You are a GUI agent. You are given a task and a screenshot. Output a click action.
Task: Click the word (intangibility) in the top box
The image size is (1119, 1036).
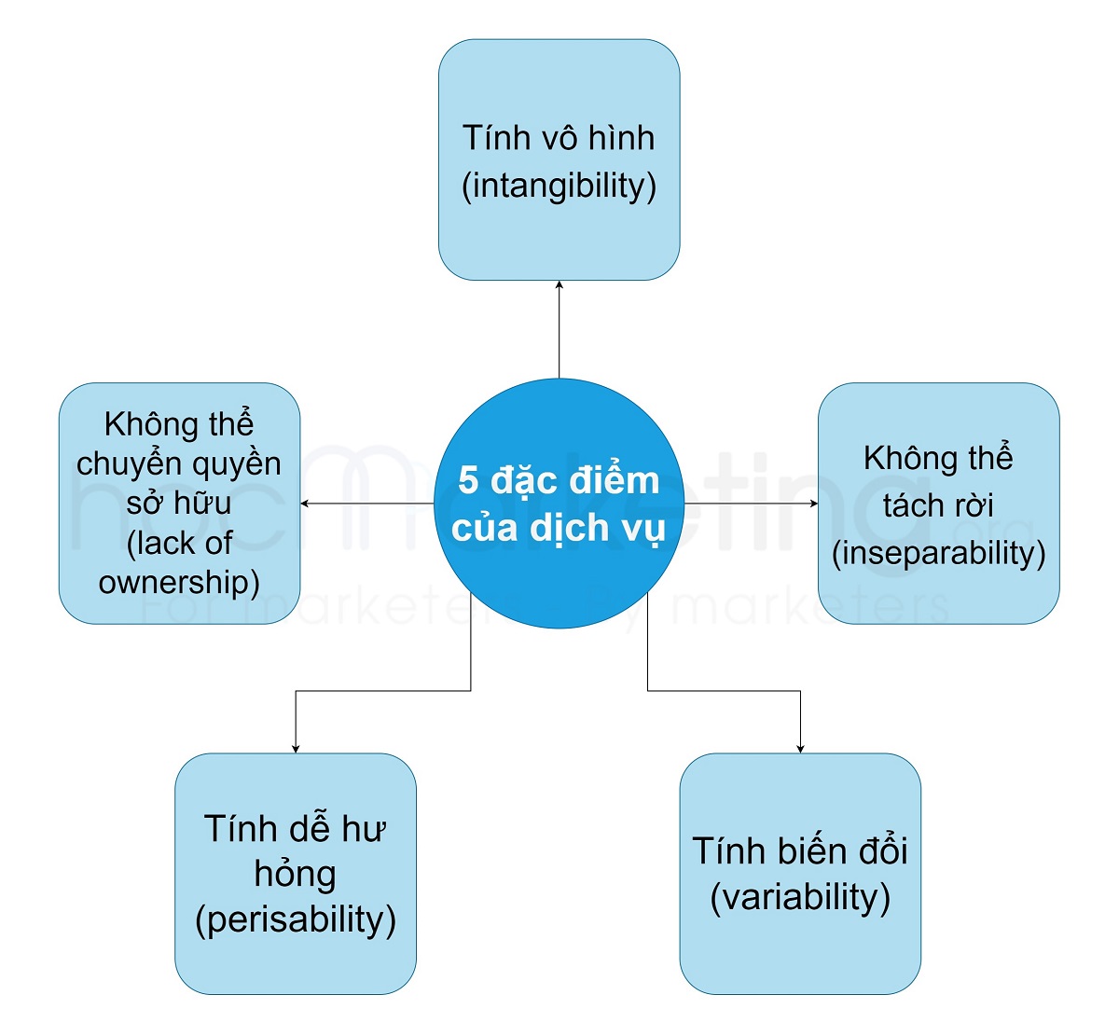click(559, 186)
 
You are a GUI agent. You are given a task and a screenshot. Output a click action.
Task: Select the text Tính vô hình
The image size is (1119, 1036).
click(559, 138)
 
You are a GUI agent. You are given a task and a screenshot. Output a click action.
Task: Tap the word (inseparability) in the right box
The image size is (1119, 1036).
click(938, 553)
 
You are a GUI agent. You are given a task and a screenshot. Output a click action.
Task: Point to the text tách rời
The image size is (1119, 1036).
click(938, 505)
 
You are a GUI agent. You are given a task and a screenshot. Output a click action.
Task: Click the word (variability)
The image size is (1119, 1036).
click(800, 897)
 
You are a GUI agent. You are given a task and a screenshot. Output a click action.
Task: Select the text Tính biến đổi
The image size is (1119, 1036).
click(800, 850)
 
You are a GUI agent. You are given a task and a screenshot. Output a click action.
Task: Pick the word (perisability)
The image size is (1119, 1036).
click(296, 919)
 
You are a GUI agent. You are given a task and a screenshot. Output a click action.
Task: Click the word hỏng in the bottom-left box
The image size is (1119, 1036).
click(296, 874)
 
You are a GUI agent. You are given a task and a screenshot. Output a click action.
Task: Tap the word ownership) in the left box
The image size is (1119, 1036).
click(179, 582)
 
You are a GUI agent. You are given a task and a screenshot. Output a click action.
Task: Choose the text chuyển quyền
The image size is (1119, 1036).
click(179, 463)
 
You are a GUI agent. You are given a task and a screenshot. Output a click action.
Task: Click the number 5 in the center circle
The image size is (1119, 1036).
click(468, 480)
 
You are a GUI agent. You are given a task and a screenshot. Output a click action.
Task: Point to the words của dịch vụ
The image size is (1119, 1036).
click(559, 528)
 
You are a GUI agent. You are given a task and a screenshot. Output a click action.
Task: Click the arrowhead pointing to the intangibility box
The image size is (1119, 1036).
click(559, 285)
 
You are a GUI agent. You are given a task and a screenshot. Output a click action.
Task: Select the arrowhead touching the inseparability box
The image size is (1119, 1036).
click(814, 504)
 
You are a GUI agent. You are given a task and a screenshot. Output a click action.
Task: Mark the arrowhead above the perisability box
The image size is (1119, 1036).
click(296, 748)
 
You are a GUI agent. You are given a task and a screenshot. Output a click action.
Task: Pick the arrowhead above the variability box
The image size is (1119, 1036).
click(800, 748)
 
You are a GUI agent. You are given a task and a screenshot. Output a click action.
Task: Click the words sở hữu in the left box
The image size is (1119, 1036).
click(179, 504)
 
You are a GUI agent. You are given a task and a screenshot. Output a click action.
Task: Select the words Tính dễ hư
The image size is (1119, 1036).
click(296, 828)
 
